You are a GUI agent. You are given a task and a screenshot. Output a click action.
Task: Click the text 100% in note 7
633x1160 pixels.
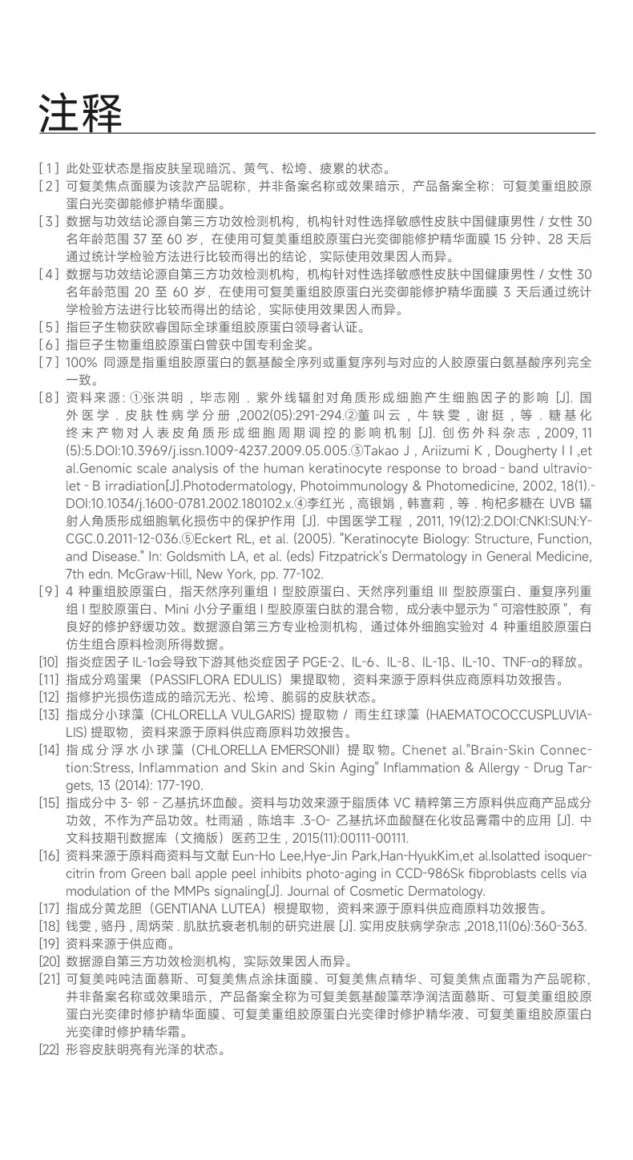83,362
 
